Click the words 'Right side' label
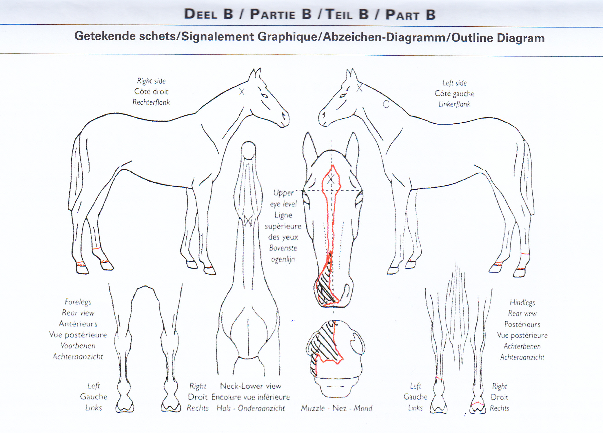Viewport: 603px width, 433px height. tap(151, 81)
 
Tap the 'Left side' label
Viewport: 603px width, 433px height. tap(454, 83)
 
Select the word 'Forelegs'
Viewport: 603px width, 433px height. tap(78, 302)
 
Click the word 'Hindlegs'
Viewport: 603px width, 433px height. tap(522, 302)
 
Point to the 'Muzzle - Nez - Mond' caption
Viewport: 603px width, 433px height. tap(336, 408)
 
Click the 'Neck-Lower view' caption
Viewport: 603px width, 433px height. tap(251, 386)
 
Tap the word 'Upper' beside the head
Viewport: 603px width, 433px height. tap(283, 193)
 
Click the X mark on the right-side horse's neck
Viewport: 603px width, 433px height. tap(242, 92)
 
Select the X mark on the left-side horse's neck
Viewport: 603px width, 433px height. tap(359, 88)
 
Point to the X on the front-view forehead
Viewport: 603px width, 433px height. tap(331, 179)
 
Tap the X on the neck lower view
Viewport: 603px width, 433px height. tap(248, 221)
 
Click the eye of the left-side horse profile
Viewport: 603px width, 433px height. tap(343, 95)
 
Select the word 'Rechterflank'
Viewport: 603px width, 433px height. tap(151, 102)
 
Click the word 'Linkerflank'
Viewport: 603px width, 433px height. tap(454, 104)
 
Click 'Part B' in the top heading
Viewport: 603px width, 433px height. tap(410, 14)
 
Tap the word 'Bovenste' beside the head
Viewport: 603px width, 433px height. tap(283, 248)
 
